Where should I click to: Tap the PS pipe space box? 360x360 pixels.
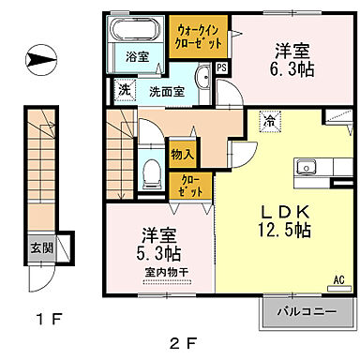221,68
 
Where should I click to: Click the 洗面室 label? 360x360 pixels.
165,92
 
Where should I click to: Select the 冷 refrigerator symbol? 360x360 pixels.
269,119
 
